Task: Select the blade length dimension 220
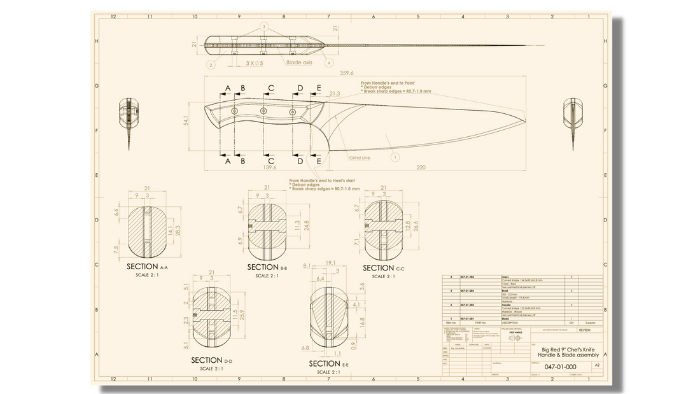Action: click(421, 167)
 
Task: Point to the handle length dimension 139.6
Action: click(270, 167)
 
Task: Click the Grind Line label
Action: click(360, 157)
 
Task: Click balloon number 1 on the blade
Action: click(395, 155)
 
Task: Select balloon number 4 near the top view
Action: click(329, 64)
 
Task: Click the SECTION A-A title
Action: click(146, 267)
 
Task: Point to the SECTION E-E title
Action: click(328, 363)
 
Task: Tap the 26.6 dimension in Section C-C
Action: click(417, 226)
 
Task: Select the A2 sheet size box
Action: click(597, 366)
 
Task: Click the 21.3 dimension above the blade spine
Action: click(335, 94)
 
